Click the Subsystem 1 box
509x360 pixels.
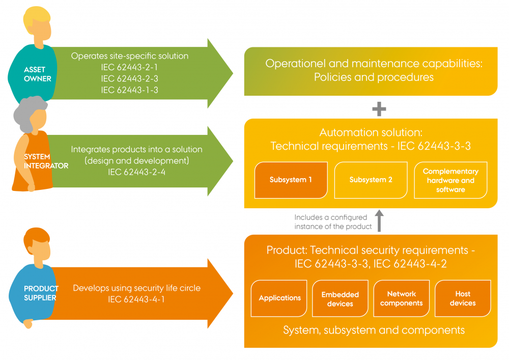coord(291,180)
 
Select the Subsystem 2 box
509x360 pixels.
coord(371,180)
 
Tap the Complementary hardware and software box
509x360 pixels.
coord(450,180)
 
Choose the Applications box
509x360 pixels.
coord(279,298)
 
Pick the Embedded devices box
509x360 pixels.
coord(340,299)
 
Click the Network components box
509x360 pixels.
coord(402,298)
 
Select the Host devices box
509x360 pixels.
coord(463,298)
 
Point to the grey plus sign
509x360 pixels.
coord(379,108)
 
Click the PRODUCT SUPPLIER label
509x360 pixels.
coord(41,293)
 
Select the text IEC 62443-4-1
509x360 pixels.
coord(136,299)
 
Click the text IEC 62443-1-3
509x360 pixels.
coord(129,90)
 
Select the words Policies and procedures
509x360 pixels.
coord(374,77)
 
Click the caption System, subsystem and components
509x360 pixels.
coord(374,330)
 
